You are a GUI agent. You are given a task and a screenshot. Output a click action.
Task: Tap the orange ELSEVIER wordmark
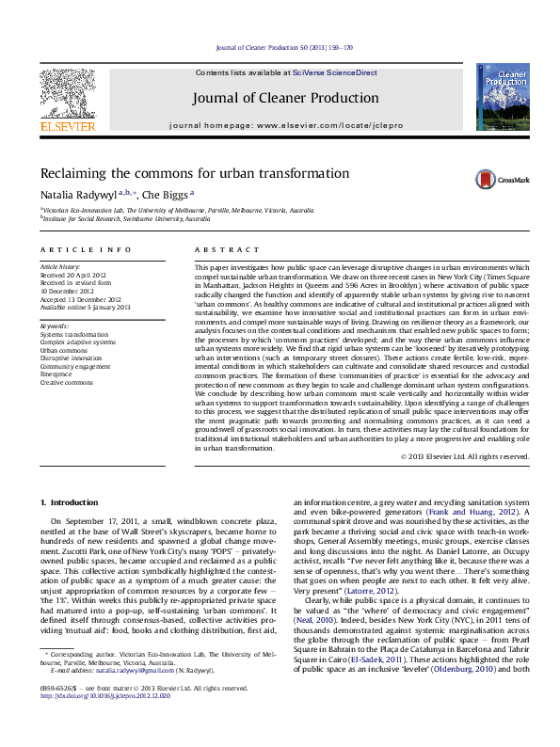click(x=67, y=126)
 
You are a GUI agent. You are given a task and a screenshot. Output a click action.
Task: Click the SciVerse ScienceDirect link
click(x=334, y=72)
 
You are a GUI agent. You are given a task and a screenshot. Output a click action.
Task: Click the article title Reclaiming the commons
click(x=181, y=174)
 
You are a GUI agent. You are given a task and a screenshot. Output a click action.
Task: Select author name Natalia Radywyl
click(x=77, y=195)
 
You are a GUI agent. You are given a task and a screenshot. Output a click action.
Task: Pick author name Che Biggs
click(x=167, y=195)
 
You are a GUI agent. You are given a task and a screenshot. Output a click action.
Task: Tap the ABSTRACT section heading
click(x=226, y=249)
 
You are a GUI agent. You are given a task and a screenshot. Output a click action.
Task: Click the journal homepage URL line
click(x=279, y=125)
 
